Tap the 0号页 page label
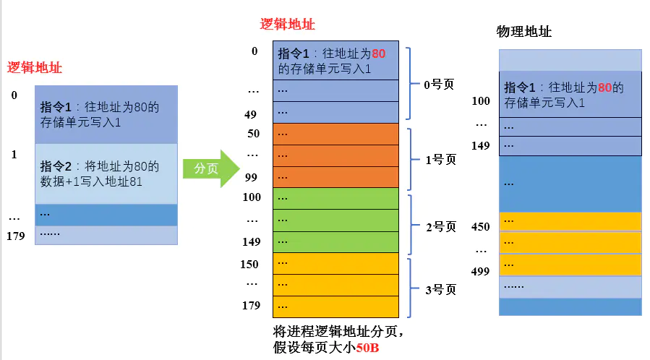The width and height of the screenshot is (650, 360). [439, 85]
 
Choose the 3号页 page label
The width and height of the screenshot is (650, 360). [439, 290]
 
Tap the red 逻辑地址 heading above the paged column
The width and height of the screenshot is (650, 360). [288, 25]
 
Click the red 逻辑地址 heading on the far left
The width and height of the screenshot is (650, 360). [35, 68]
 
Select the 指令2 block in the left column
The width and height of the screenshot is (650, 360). [106, 173]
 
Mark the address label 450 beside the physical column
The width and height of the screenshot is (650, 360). [480, 226]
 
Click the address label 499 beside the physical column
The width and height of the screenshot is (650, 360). [480, 271]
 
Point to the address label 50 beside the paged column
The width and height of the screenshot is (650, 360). [253, 134]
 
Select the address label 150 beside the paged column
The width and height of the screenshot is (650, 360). [249, 264]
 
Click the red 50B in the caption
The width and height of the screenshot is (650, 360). [367, 348]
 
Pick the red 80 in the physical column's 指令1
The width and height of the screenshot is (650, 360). [605, 87]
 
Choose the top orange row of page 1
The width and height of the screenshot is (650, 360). [336, 134]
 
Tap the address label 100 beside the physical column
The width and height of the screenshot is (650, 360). [480, 101]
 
